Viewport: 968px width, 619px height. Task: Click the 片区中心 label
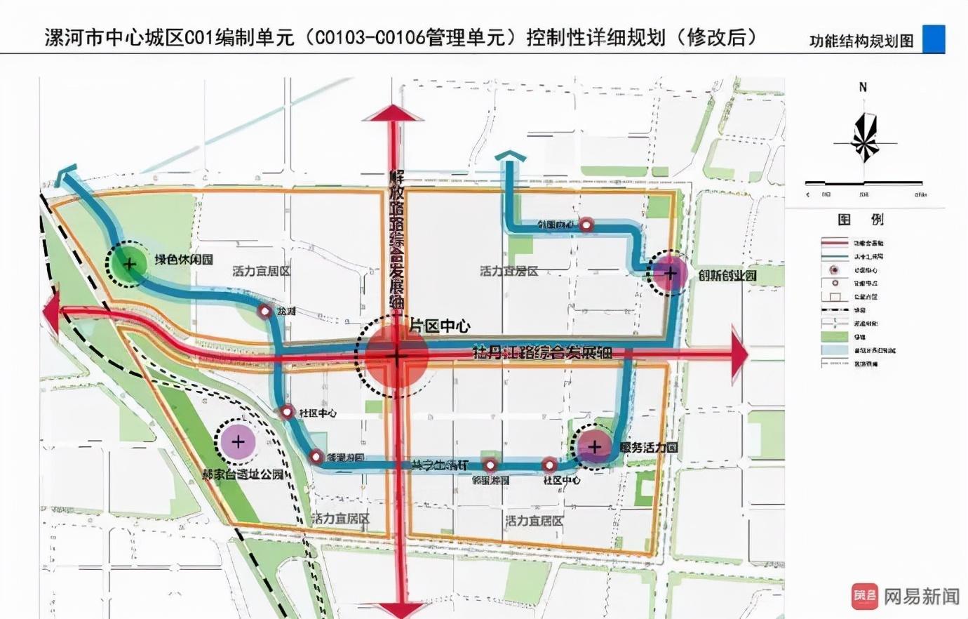[x=439, y=326]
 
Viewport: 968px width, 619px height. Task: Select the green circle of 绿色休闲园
[x=129, y=264]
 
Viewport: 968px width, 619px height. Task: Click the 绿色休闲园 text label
[x=184, y=259]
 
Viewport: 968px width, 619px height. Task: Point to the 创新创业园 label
[x=727, y=275]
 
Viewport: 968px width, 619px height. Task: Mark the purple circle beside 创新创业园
[x=670, y=273]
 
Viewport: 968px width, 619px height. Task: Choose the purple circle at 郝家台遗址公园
[x=238, y=441]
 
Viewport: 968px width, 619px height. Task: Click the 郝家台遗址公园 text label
[x=243, y=474]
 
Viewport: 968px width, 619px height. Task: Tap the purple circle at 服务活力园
[x=595, y=446]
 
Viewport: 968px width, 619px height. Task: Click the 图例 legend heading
[x=861, y=220]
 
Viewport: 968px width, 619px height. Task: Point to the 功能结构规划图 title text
[x=861, y=41]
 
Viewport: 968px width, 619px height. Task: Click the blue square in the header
[x=934, y=39]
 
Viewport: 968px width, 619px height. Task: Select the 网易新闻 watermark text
[x=921, y=597]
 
